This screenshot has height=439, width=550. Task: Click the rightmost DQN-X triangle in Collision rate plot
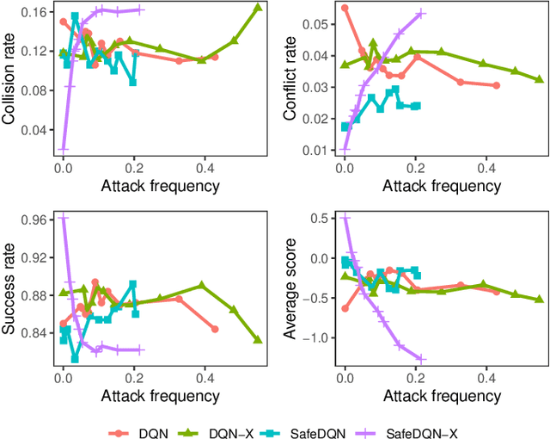click(x=259, y=8)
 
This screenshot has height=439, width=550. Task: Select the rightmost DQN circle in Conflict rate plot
click(x=497, y=85)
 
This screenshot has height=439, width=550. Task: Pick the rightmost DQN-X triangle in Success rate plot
click(x=259, y=340)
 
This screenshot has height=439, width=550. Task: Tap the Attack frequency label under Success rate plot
click(x=160, y=396)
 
